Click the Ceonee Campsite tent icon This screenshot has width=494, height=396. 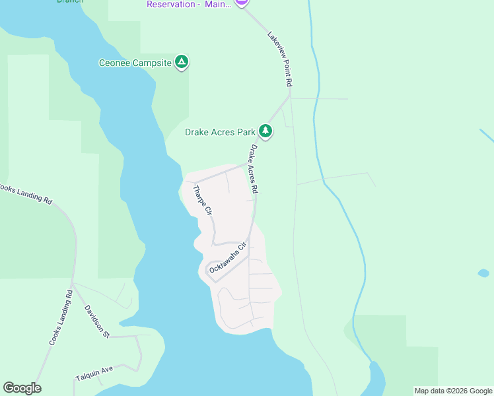[182, 63]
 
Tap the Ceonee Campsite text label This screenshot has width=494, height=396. [135, 63]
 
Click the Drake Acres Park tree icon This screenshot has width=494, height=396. [265, 131]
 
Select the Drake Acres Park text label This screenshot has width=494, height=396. [219, 132]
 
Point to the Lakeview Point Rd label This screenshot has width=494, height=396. [279, 60]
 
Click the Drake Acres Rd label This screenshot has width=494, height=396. [253, 170]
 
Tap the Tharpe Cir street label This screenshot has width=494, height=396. [201, 201]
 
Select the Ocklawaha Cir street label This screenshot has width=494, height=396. [227, 259]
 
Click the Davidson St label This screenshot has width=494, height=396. [96, 321]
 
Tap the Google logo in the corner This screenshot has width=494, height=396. [22, 388]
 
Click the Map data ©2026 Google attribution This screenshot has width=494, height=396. [453, 391]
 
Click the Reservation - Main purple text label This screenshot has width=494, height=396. [189, 5]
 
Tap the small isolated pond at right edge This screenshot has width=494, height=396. [483, 273]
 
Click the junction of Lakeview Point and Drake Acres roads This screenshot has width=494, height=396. [289, 96]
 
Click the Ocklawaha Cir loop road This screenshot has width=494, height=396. [210, 277]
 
